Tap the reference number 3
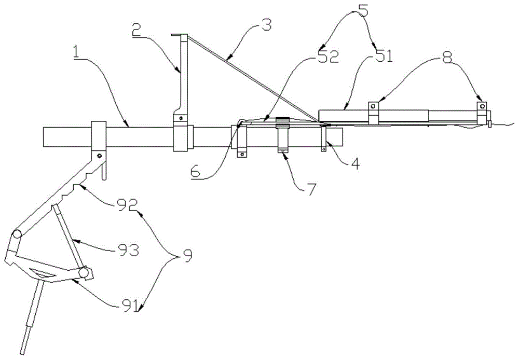pos(266,25)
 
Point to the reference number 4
pos(355,164)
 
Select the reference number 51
pos(384,56)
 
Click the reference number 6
pos(196,171)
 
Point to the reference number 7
pos(311,189)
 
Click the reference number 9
pos(187,256)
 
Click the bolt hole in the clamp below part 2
pos(181,118)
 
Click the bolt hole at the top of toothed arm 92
pos(99,155)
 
